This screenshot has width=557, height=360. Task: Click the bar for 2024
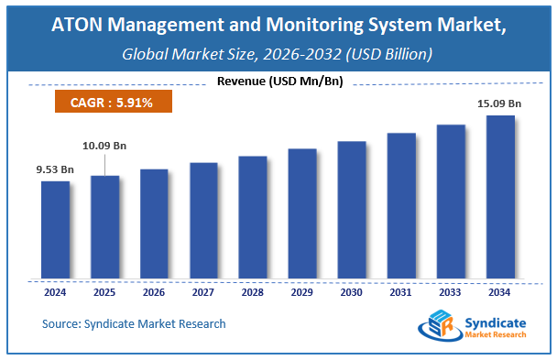[x=55, y=230]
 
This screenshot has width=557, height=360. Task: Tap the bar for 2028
[x=253, y=218]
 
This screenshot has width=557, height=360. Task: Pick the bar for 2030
[x=352, y=211]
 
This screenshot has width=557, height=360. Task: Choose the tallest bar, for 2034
[x=500, y=197]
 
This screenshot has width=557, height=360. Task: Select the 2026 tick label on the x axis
[x=154, y=293]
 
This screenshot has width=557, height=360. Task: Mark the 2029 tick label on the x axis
[x=302, y=293]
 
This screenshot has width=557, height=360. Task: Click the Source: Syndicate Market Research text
[x=134, y=323]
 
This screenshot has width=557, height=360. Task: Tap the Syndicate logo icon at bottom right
[x=435, y=327]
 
